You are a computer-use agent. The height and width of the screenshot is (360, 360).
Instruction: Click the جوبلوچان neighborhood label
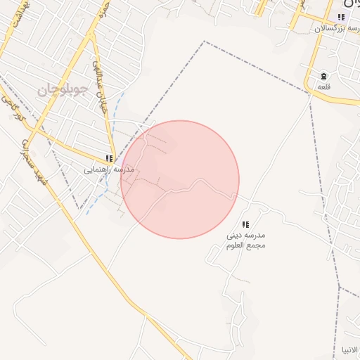click(62, 89)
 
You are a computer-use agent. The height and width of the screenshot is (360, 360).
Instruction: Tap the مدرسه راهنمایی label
click(109, 170)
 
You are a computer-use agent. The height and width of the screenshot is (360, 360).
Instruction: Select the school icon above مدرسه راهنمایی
click(109, 159)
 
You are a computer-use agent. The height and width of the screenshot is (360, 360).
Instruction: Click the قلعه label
click(323, 86)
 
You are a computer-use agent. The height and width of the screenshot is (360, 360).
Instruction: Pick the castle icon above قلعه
click(323, 76)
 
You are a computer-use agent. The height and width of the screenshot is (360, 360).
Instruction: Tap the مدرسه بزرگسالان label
click(337, 29)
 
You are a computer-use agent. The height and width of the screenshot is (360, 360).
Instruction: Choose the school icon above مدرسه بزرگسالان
click(342, 17)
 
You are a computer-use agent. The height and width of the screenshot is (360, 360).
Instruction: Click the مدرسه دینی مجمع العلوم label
click(246, 239)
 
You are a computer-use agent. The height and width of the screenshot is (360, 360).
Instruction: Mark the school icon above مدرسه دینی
click(245, 224)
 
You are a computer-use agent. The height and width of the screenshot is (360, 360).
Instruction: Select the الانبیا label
click(349, 349)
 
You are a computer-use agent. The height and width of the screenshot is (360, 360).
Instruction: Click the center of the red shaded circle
click(180, 179)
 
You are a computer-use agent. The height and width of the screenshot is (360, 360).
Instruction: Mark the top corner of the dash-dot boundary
click(205, 41)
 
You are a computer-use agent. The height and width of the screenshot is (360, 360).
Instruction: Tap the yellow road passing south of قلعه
click(337, 99)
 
